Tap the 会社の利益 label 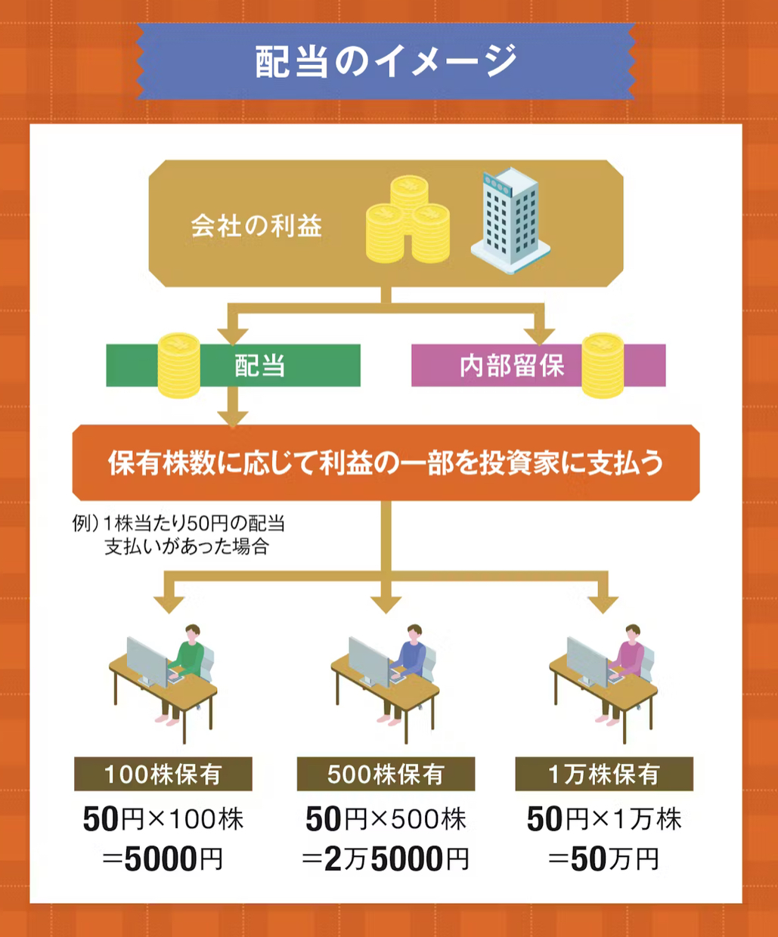[256, 226]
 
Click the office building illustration [509, 220]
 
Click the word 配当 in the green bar [259, 366]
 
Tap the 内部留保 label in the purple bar [512, 366]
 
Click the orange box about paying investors [386, 462]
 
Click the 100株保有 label [163, 775]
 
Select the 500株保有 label [386, 775]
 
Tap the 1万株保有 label [603, 775]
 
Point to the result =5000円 [163, 859]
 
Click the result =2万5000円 [386, 859]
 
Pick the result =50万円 [603, 859]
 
